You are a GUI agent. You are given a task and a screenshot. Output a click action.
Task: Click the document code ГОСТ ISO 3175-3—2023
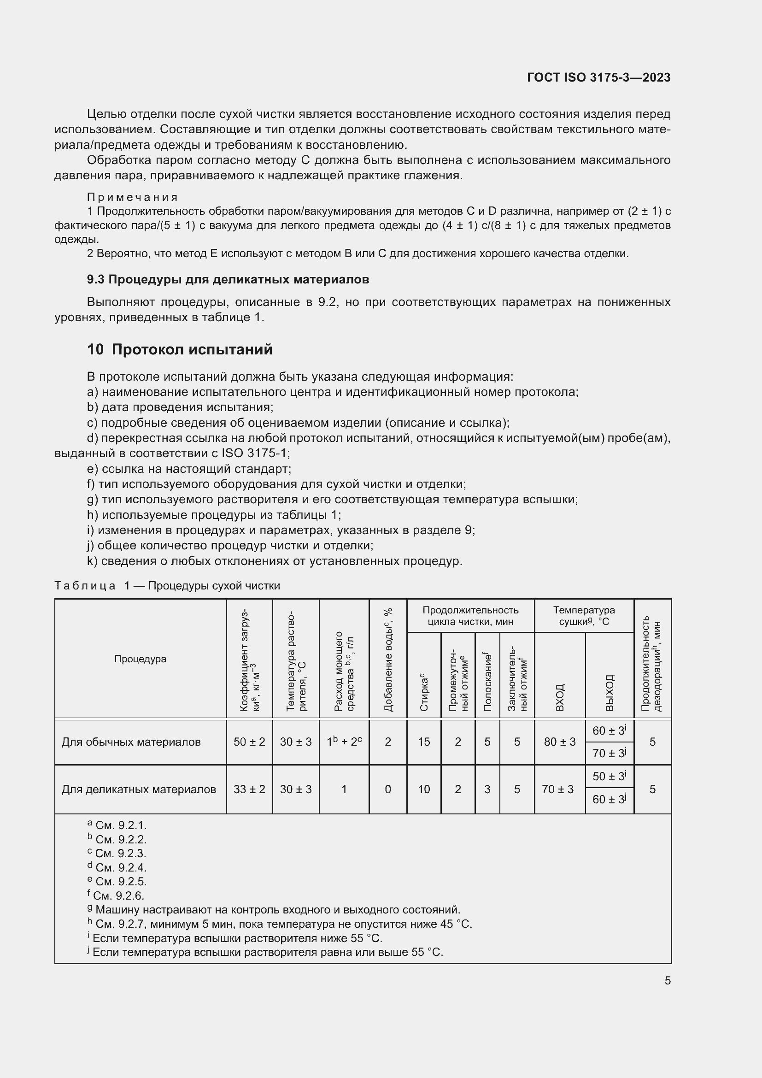[x=599, y=77]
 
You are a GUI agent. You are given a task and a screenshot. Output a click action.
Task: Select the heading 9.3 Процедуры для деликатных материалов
[x=228, y=279]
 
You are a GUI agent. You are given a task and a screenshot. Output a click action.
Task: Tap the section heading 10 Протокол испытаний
[x=180, y=350]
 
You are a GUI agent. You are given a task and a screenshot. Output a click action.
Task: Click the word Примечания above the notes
[x=132, y=197]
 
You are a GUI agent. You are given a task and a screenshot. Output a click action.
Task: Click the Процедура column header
[x=141, y=659]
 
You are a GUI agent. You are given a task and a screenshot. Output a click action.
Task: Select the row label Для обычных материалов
[x=131, y=742]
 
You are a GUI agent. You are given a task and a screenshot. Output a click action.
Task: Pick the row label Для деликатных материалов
[x=139, y=789]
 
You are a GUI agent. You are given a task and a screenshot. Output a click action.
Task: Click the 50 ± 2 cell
[x=249, y=742]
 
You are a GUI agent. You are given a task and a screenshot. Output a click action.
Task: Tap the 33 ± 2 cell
[x=249, y=789]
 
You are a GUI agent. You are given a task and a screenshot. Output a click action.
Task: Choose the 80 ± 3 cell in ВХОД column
[x=559, y=742]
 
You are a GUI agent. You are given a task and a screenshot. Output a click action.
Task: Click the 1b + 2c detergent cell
[x=344, y=742]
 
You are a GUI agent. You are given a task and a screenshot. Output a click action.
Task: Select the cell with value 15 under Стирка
[x=424, y=742]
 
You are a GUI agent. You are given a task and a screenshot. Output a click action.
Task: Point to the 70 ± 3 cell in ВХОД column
[x=557, y=789]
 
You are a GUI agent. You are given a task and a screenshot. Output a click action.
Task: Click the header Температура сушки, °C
[x=584, y=616]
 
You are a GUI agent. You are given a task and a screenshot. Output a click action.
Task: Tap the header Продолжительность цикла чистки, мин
[x=470, y=616]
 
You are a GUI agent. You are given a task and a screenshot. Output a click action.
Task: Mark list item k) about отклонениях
[x=275, y=561]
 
